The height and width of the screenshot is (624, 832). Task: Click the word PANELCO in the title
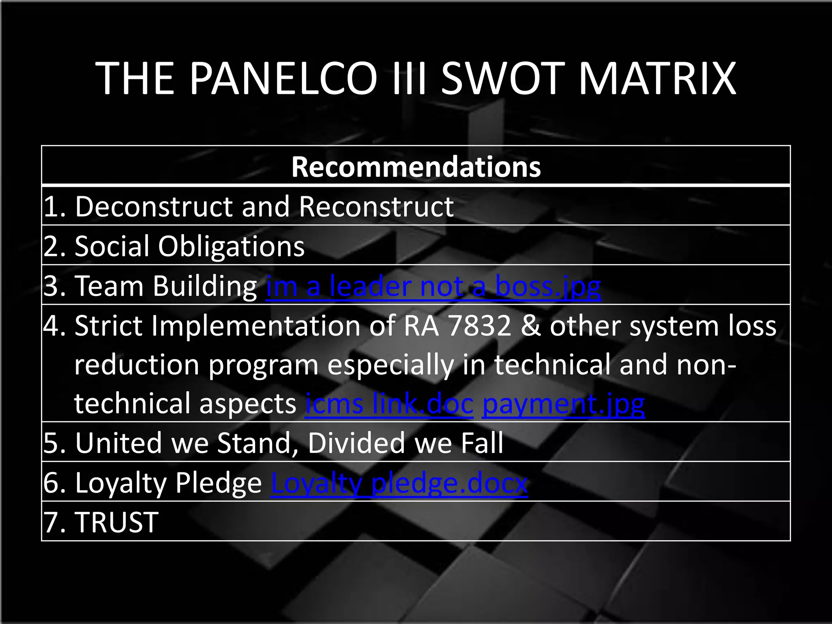pyautogui.click(x=284, y=78)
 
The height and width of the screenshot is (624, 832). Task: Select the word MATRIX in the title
pyautogui.click(x=657, y=78)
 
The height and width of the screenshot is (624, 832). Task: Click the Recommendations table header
pyautogui.click(x=416, y=167)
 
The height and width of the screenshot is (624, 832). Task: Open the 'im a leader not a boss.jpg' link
pyautogui.click(x=433, y=286)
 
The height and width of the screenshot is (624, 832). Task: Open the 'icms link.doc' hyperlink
pyautogui.click(x=389, y=404)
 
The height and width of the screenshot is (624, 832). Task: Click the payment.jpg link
pyautogui.click(x=563, y=404)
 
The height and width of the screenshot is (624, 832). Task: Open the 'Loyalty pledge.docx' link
pyautogui.click(x=399, y=483)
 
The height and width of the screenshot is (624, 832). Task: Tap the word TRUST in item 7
pyautogui.click(x=117, y=522)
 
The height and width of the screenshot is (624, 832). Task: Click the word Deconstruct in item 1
pyautogui.click(x=154, y=207)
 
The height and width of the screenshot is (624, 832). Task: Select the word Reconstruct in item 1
pyautogui.click(x=376, y=207)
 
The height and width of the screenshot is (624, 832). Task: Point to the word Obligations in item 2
pyautogui.click(x=231, y=246)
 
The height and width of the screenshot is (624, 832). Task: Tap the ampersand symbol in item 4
pyautogui.click(x=530, y=326)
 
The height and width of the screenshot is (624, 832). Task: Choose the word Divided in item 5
pyautogui.click(x=356, y=443)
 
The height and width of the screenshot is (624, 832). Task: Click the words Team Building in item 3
pyautogui.click(x=166, y=286)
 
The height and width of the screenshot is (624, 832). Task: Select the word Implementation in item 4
pyautogui.click(x=256, y=326)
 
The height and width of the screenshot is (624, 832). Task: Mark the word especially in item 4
pyautogui.click(x=390, y=365)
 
